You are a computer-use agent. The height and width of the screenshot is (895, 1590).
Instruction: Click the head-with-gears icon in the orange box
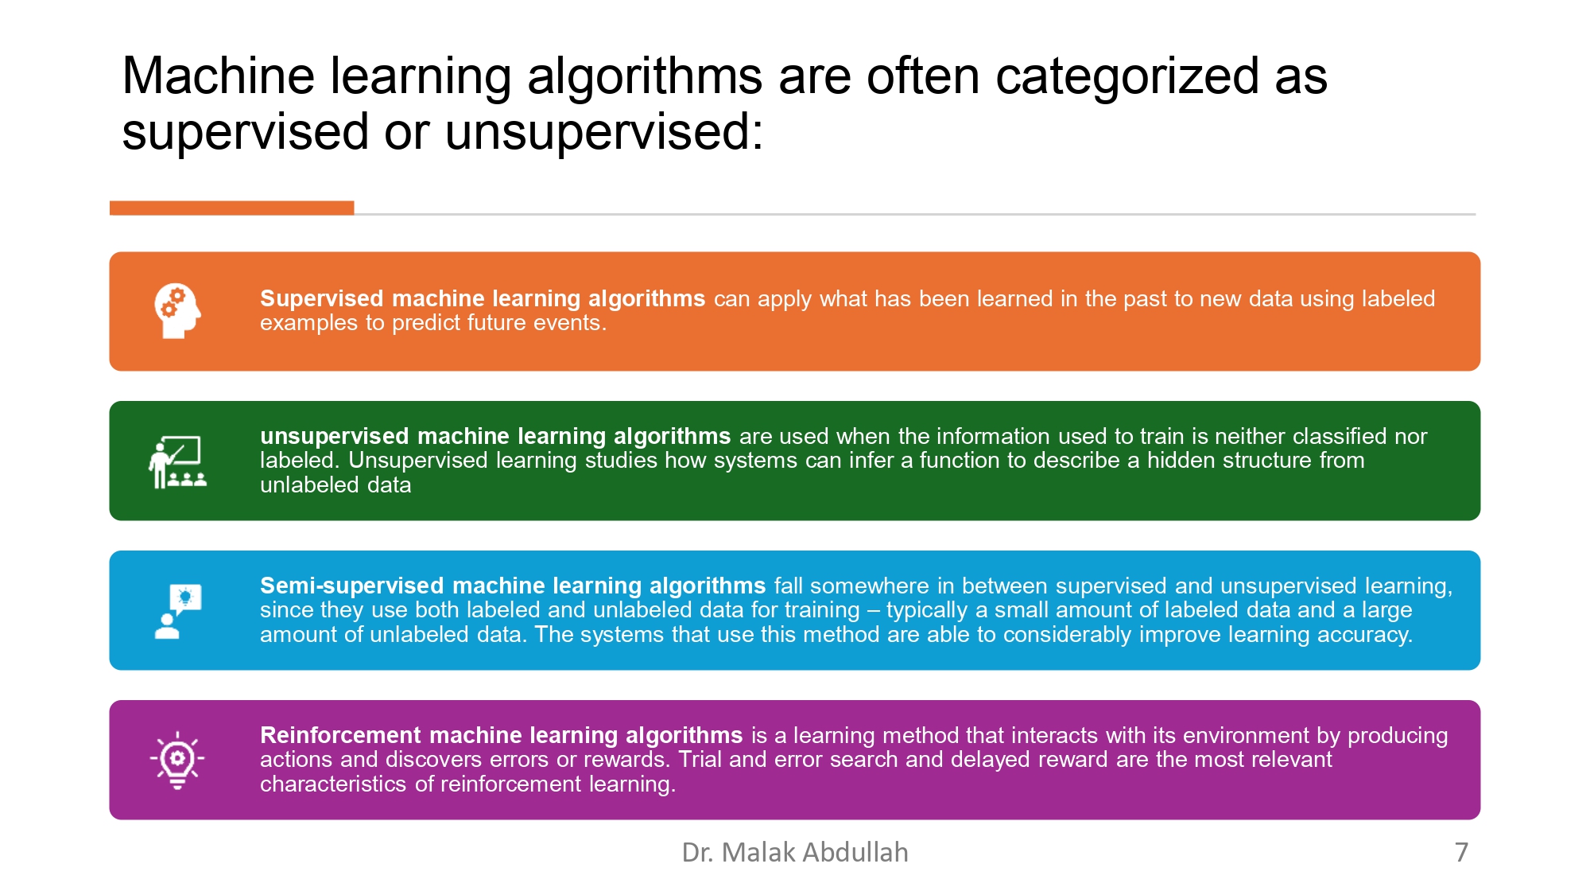click(177, 311)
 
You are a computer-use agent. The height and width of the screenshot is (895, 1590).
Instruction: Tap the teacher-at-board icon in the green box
click(177, 461)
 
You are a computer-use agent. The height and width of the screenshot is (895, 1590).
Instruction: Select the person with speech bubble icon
click(177, 611)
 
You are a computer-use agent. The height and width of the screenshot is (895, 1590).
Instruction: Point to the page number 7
click(1461, 852)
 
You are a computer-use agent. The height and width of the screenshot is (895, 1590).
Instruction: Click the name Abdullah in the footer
click(855, 852)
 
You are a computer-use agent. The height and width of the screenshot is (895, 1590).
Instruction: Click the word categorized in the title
click(1127, 77)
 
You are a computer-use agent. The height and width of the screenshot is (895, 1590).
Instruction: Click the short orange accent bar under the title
click(231, 208)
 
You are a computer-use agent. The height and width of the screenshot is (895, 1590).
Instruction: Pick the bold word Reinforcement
click(340, 735)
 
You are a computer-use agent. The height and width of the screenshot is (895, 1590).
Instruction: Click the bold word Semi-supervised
click(352, 586)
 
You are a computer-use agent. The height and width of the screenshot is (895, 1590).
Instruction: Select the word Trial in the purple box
click(700, 760)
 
